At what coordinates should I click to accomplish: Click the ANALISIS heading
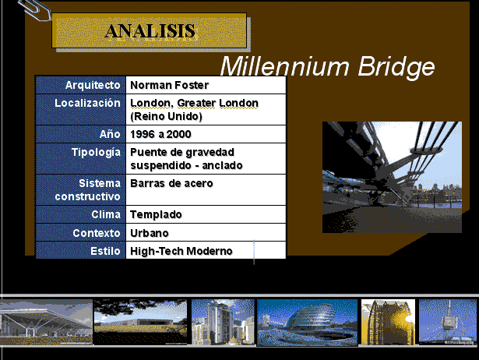(150, 31)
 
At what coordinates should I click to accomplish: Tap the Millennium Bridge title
(327, 66)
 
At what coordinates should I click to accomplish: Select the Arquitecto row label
(93, 85)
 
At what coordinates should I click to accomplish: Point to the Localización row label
(87, 103)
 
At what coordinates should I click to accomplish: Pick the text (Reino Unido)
(166, 116)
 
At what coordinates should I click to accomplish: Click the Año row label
(110, 134)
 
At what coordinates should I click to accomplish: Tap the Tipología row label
(96, 152)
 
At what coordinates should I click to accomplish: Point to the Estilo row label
(105, 251)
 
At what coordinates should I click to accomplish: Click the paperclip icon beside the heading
(34, 10)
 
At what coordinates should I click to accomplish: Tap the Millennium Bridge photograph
(392, 177)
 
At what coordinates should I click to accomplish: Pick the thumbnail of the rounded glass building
(308, 323)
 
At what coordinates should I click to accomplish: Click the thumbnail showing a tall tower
(448, 322)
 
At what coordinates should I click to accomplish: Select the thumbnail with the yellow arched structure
(388, 322)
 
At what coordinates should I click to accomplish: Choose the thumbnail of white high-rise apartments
(223, 322)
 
